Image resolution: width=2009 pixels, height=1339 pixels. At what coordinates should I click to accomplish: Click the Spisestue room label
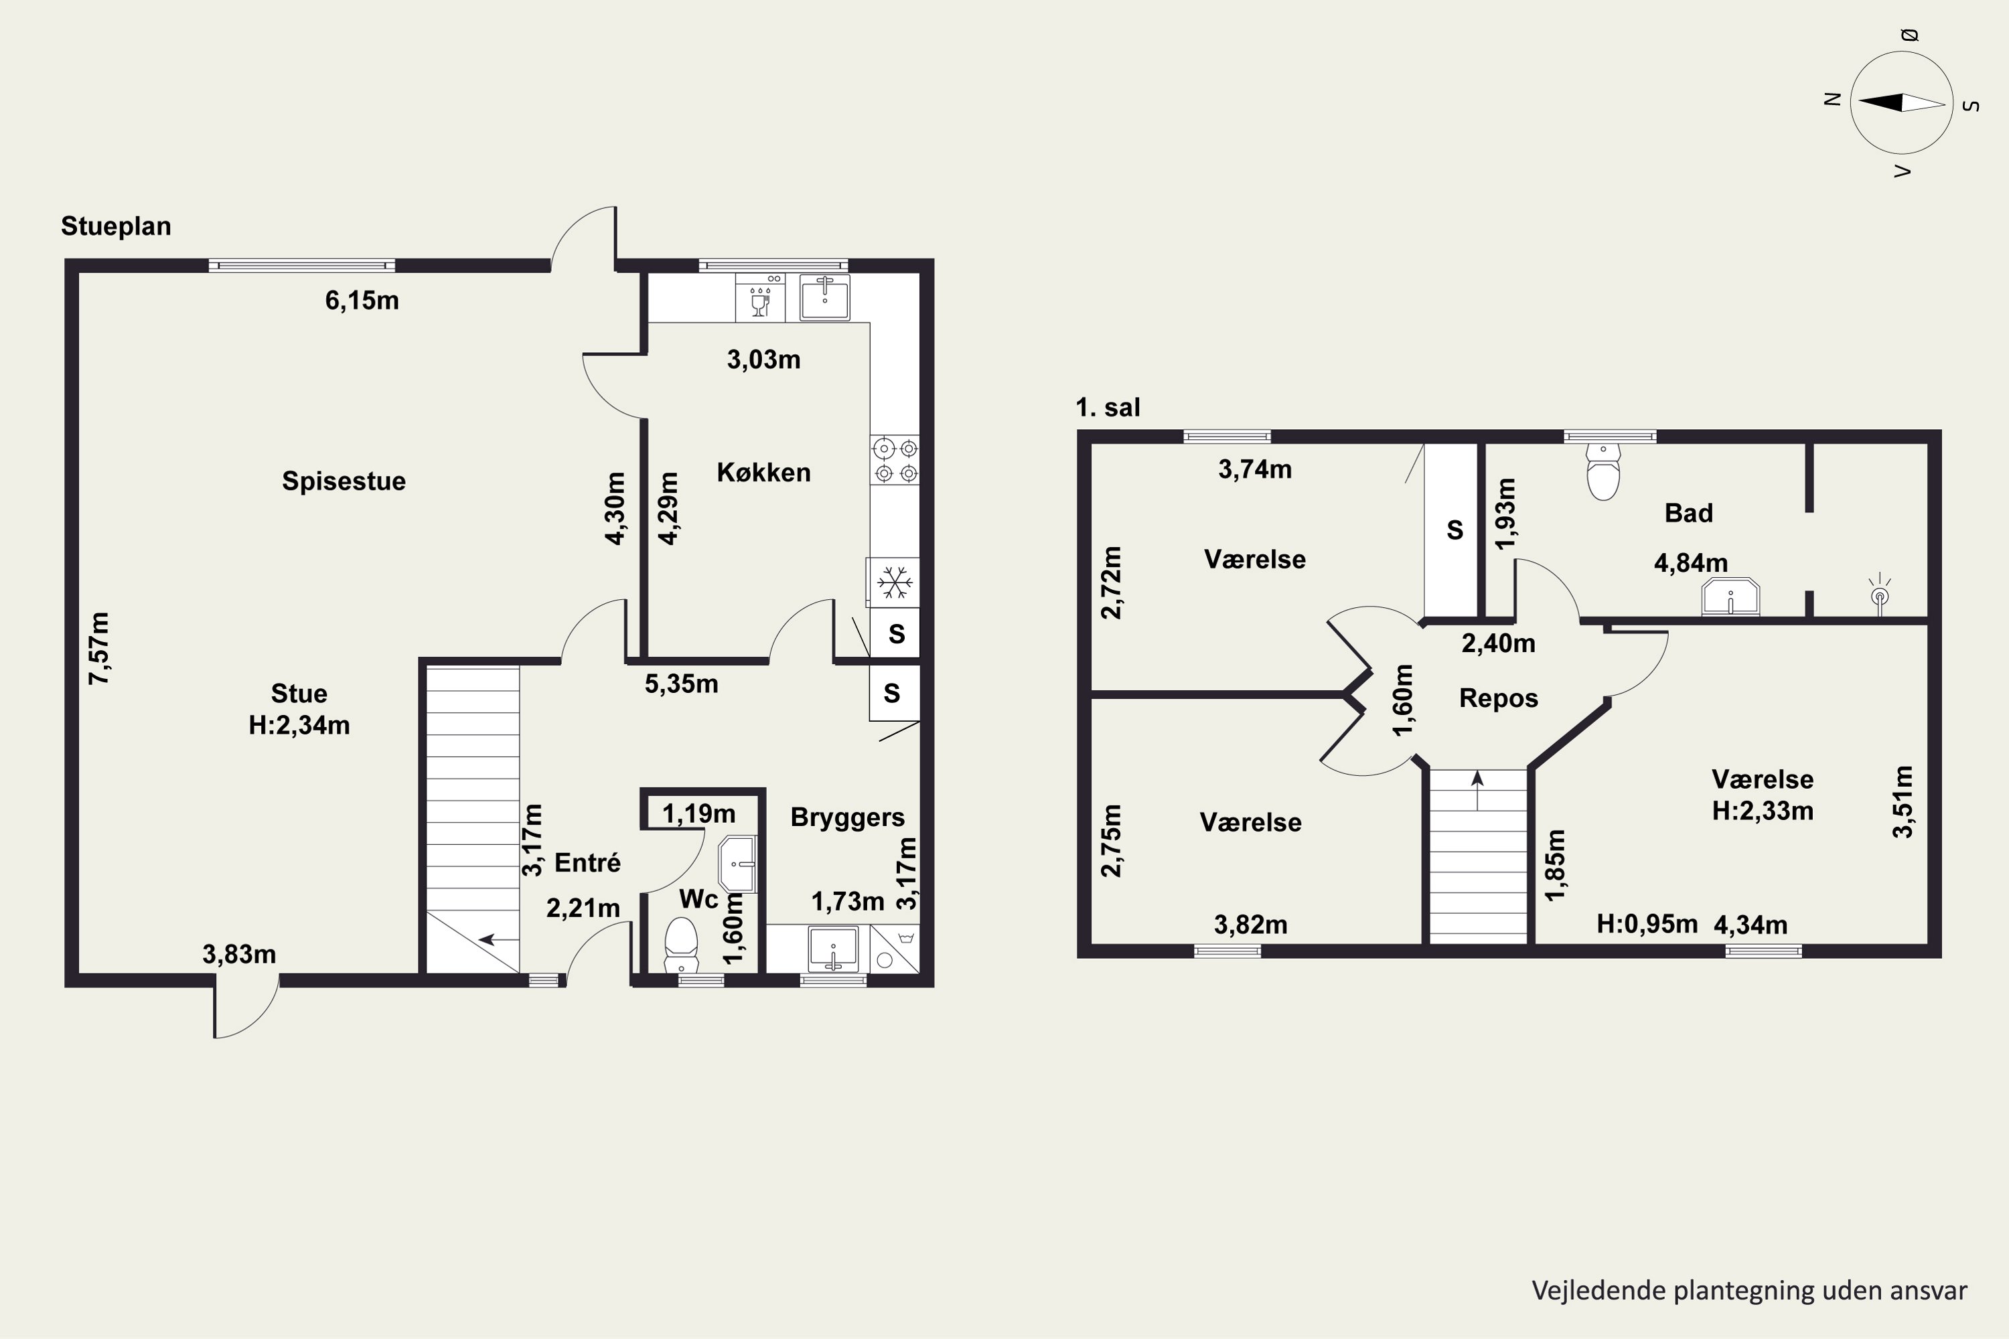(x=344, y=481)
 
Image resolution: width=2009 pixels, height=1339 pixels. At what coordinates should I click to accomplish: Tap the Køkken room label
(x=763, y=472)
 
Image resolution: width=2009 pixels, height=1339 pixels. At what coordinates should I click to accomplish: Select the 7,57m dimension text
(x=99, y=648)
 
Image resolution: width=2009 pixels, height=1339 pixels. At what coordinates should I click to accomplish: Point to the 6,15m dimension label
(x=362, y=301)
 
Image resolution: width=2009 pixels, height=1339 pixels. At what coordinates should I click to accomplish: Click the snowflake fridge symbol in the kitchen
(x=894, y=582)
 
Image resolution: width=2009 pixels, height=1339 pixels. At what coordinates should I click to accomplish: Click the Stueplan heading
(x=116, y=226)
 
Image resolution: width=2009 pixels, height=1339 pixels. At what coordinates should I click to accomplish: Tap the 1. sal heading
(x=1108, y=407)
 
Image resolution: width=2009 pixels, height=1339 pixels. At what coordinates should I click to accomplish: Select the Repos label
(x=1498, y=698)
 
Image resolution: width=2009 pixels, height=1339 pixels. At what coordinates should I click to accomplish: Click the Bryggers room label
(x=847, y=817)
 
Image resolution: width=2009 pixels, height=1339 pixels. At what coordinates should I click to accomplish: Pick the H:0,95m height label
(x=1647, y=924)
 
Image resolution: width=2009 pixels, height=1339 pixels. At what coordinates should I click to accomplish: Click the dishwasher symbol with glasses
(x=760, y=297)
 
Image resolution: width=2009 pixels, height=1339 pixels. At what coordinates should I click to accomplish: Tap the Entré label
(x=588, y=862)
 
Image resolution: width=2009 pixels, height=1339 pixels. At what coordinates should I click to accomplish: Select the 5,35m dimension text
(x=681, y=684)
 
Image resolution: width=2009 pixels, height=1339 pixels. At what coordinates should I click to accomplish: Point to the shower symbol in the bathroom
(x=1880, y=593)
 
